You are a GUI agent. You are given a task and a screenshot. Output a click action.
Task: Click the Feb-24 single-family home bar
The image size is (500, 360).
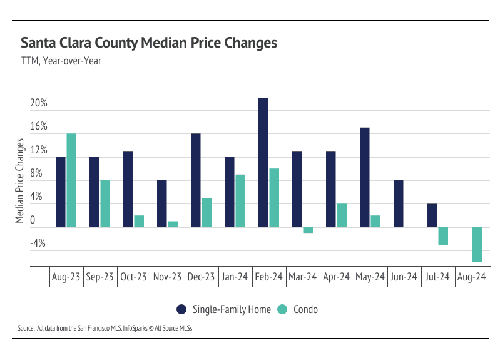point(263,163)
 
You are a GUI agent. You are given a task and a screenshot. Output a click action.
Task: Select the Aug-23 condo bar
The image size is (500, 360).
point(71,180)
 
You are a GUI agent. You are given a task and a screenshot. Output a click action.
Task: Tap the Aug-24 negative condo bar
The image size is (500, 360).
point(477,244)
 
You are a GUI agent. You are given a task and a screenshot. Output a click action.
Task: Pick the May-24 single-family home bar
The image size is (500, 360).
point(364,177)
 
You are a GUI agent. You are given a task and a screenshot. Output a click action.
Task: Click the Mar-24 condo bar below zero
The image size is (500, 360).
point(308,230)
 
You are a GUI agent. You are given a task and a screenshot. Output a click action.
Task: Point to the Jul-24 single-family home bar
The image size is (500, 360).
point(432,215)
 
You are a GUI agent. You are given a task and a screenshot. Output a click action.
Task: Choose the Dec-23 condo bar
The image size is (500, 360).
point(207,212)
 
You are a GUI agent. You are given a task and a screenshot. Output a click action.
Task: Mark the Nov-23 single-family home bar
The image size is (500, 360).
point(161,203)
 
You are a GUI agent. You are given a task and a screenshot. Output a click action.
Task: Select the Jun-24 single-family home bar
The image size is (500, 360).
point(398,203)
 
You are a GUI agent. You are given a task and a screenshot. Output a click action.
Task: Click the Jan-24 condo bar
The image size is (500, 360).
point(240,200)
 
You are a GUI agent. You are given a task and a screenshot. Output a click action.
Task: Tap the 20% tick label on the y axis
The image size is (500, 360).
point(39,103)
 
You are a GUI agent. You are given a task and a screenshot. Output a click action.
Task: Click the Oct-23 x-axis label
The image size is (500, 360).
point(133,277)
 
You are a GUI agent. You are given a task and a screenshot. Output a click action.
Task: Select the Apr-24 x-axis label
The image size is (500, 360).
point(336,277)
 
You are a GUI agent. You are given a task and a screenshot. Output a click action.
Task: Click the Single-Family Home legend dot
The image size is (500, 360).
point(181,309)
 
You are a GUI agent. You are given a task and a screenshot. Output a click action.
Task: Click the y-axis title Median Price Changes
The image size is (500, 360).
point(20,180)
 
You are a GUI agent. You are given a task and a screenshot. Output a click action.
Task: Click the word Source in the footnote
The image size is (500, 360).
point(26,328)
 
